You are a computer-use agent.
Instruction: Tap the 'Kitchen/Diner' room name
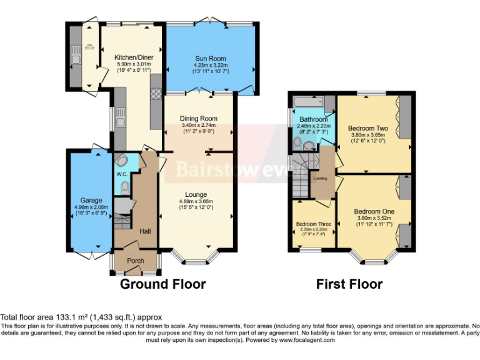pyautogui.click(x=134, y=57)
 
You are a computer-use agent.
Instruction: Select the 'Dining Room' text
pyautogui.click(x=198, y=119)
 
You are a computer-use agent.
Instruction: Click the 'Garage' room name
pyautogui.click(x=91, y=201)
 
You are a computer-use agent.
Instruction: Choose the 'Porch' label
pyautogui.click(x=136, y=261)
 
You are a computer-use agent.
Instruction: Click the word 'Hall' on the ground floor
pyautogui.click(x=144, y=231)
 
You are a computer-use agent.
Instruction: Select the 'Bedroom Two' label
pyautogui.click(x=367, y=128)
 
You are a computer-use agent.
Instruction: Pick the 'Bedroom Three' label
pyautogui.click(x=314, y=223)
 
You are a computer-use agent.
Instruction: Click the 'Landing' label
pyautogui.click(x=320, y=178)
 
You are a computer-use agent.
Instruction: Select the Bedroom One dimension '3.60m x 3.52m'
pyautogui.click(x=374, y=217)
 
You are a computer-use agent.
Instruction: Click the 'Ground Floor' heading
pyautogui.click(x=162, y=284)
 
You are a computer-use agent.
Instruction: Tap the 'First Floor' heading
pyautogui.click(x=349, y=284)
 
